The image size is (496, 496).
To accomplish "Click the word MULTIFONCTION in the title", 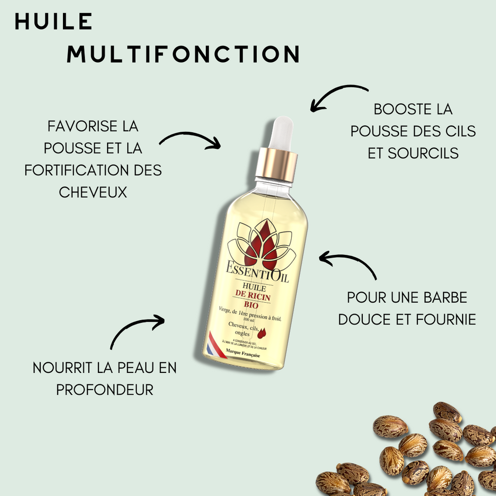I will click(x=183, y=54).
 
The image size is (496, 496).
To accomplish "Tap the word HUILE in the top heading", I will click(x=53, y=21).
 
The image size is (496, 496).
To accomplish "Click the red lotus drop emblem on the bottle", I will click(x=262, y=245).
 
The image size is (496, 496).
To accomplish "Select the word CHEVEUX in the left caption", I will click(x=93, y=192).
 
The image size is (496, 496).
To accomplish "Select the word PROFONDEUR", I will click(x=105, y=389).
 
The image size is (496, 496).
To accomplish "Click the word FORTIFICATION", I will click(x=71, y=170).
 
